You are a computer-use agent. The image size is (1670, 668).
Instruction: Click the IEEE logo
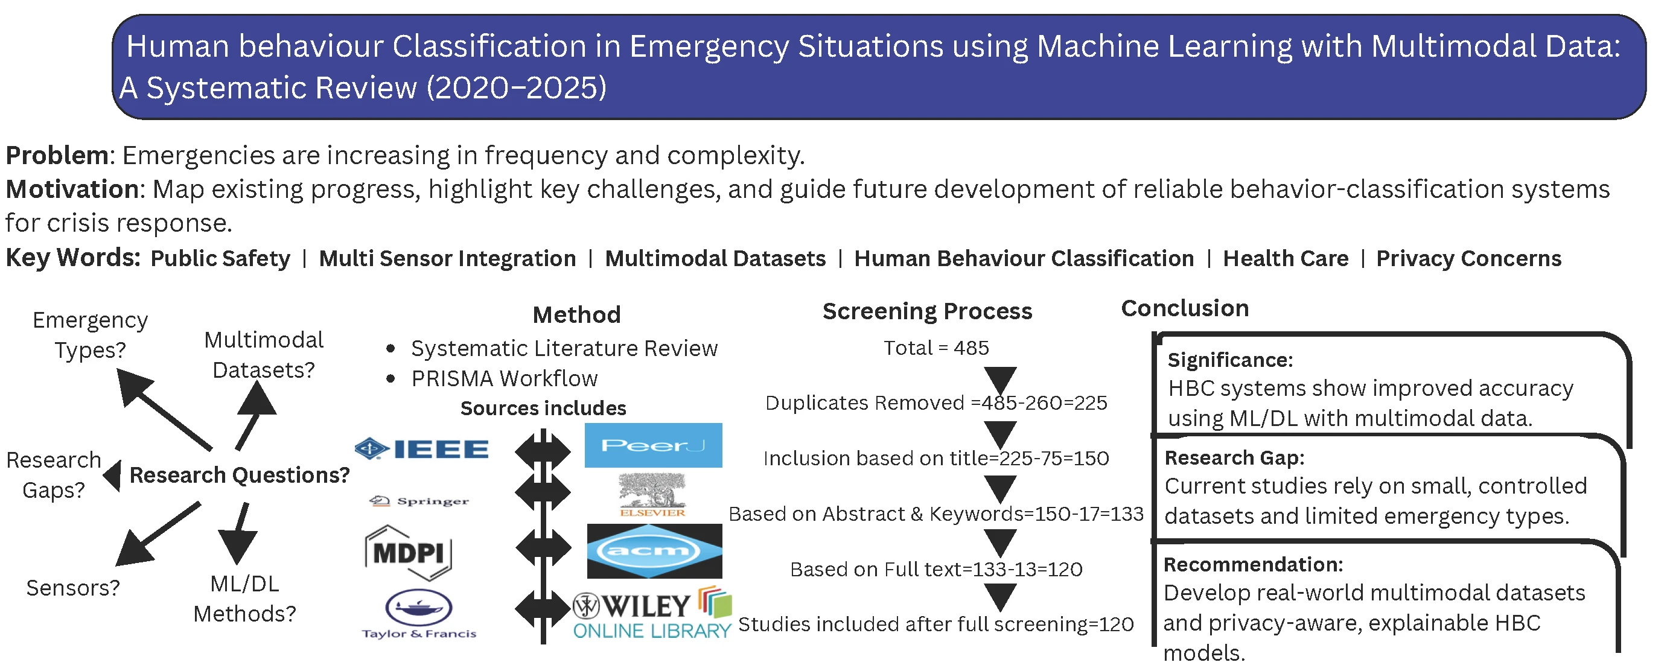click(x=422, y=449)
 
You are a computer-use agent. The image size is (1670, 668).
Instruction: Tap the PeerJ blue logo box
click(x=653, y=446)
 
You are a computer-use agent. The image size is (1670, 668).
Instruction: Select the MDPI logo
click(x=409, y=553)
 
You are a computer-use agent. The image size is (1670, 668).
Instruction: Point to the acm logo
click(x=654, y=552)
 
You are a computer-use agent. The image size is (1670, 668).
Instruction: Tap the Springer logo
click(x=419, y=501)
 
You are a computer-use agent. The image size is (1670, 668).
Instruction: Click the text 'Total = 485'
click(x=935, y=348)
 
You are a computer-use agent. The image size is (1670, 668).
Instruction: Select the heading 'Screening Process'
click(x=926, y=311)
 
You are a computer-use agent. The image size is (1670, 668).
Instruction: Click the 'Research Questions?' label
click(x=239, y=475)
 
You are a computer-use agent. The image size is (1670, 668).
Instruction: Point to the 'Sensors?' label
click(x=72, y=588)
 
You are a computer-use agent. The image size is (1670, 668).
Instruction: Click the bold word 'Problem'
click(x=57, y=156)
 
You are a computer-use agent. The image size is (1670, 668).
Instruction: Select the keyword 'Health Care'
click(x=1285, y=258)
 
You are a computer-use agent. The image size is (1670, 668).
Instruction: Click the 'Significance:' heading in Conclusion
click(x=1230, y=360)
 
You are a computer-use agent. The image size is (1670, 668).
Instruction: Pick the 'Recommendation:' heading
click(x=1252, y=564)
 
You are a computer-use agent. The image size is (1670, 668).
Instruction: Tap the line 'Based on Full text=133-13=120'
click(x=935, y=570)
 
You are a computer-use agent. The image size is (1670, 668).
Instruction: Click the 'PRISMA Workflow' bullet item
click(x=504, y=378)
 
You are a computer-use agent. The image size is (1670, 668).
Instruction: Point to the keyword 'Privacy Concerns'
click(x=1468, y=258)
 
